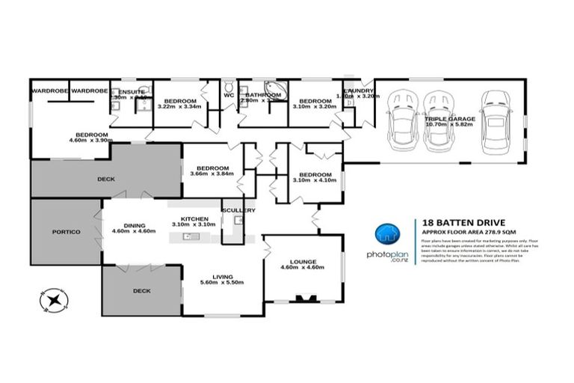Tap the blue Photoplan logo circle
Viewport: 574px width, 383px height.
pyautogui.click(x=386, y=235)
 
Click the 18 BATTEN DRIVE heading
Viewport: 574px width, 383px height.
pyautogui.click(x=463, y=222)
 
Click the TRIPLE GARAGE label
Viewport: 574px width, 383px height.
pyautogui.click(x=446, y=119)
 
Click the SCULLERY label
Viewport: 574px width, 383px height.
pyautogui.click(x=238, y=210)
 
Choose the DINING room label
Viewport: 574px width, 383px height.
pyautogui.click(x=134, y=226)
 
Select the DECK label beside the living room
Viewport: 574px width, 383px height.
pyautogui.click(x=141, y=289)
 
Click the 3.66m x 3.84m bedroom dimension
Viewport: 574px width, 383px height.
pyautogui.click(x=212, y=174)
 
